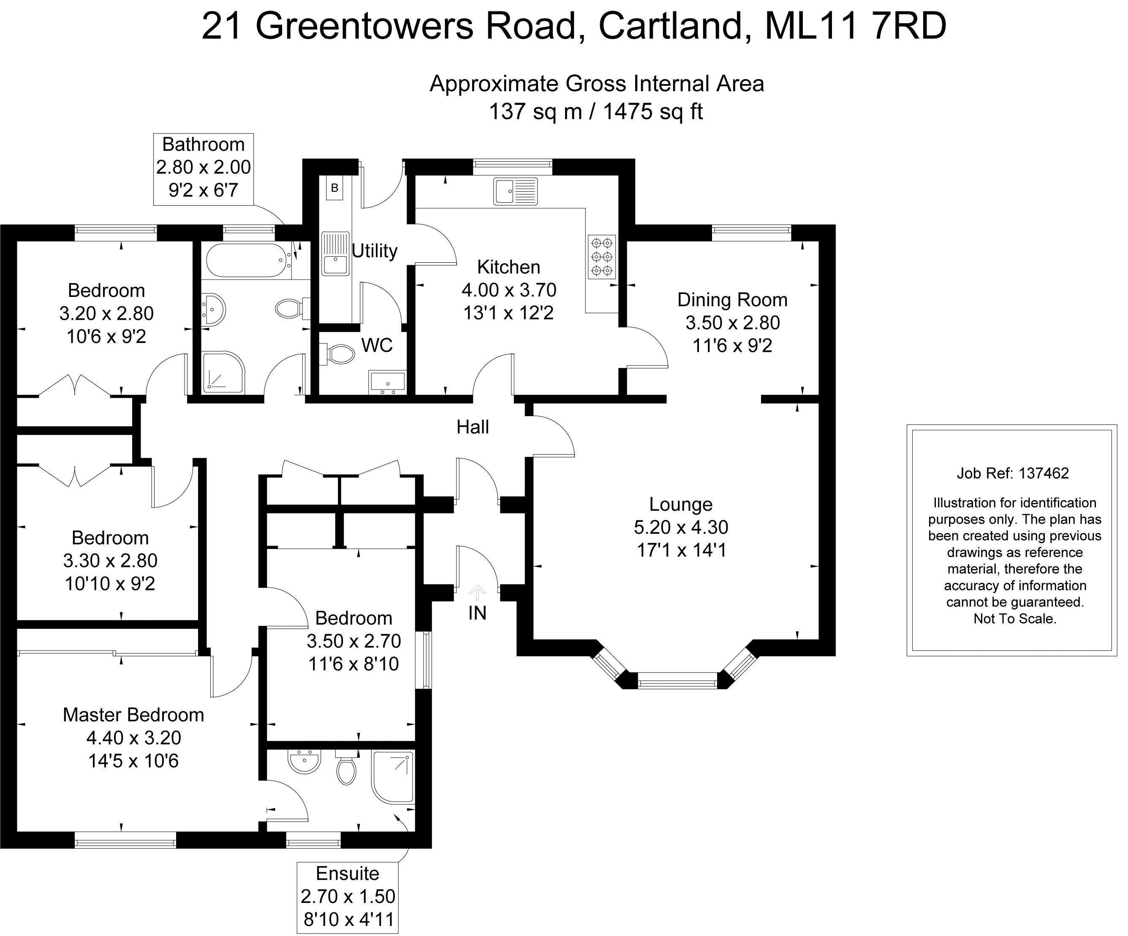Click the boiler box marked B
(334, 188)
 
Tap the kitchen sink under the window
(515, 191)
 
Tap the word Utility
(375, 251)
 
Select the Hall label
(473, 427)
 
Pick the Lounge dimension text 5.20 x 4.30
(681, 528)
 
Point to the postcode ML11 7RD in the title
(855, 26)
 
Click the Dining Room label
(732, 300)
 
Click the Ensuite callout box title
(348, 873)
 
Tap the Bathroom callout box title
(203, 144)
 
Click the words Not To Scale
(1015, 619)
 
